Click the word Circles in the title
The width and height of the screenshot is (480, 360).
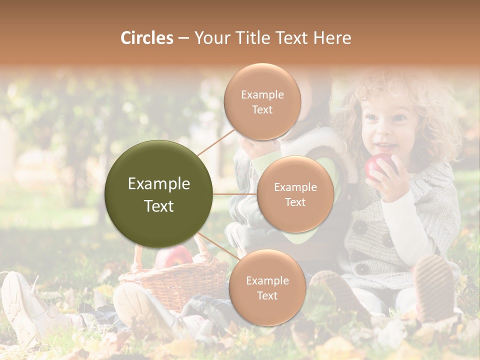click(x=146, y=38)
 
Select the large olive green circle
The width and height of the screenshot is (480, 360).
click(x=158, y=194)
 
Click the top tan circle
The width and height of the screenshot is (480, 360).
click(x=262, y=101)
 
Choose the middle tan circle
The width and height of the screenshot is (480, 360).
click(x=295, y=194)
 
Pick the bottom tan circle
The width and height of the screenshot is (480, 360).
click(x=267, y=287)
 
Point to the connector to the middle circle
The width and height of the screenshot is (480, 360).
click(x=235, y=194)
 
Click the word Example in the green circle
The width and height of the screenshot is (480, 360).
click(x=158, y=184)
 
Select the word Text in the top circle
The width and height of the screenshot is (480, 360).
click(x=262, y=109)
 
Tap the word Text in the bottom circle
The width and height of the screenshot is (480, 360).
click(x=267, y=295)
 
